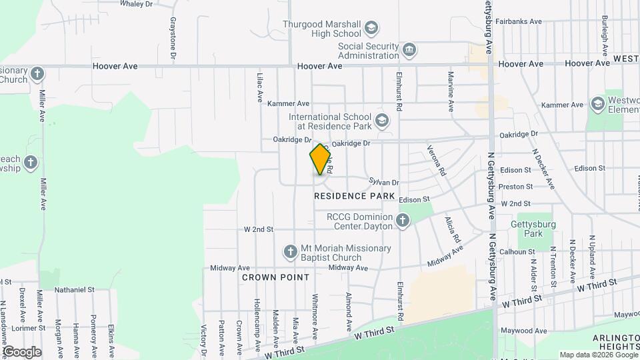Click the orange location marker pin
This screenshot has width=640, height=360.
(321, 159)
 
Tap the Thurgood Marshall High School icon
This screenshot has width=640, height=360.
(371, 29)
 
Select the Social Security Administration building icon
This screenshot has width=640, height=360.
(409, 50)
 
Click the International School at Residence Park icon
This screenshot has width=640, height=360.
(381, 121)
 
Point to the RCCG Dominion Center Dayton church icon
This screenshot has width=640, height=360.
(403, 220)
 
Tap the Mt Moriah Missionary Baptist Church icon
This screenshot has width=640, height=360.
(290, 252)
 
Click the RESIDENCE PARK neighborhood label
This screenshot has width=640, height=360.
(350, 196)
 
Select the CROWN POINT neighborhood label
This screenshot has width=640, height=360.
(275, 277)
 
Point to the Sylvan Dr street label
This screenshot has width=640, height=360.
(384, 182)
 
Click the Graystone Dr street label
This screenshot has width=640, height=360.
(173, 40)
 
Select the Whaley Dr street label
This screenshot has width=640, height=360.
(137, 4)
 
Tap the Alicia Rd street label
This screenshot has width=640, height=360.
(453, 229)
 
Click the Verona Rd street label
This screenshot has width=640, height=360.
(436, 160)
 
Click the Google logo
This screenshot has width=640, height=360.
(22, 351)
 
